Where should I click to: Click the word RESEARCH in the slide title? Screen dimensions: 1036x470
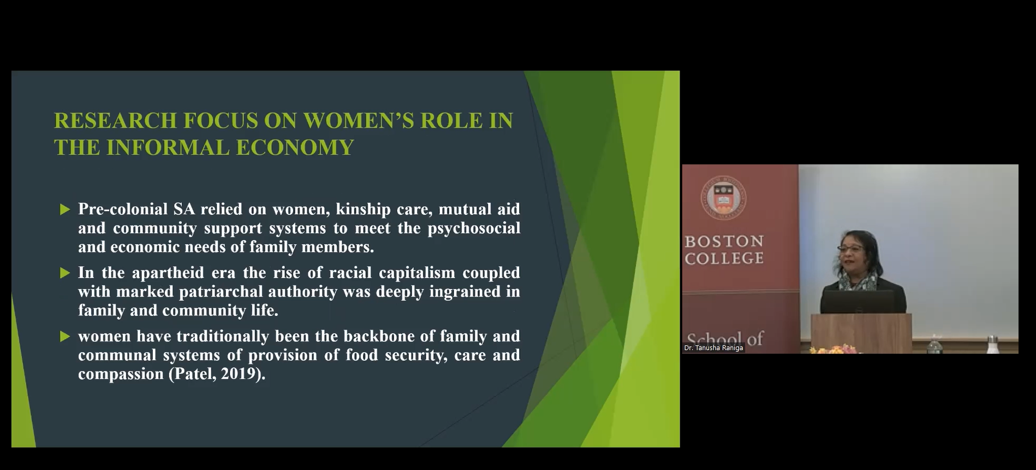(115, 121)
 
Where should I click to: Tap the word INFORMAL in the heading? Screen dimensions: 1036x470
(167, 148)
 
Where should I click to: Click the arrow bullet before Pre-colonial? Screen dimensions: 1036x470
(65, 209)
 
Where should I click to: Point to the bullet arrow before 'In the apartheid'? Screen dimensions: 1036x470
(65, 273)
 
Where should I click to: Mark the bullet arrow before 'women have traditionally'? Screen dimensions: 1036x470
(65, 336)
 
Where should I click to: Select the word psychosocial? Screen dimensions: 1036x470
(474, 228)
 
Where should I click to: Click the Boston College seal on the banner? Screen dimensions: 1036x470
(724, 198)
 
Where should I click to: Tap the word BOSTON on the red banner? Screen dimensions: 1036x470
(724, 241)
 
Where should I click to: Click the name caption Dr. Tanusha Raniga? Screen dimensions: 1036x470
(713, 348)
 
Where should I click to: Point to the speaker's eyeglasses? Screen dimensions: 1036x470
(849, 249)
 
